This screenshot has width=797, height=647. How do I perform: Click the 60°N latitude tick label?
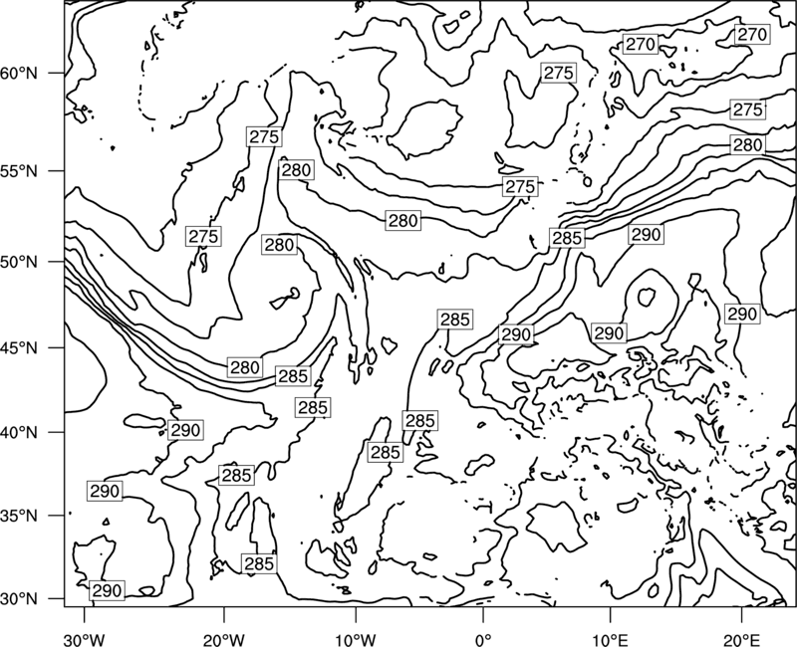pyautogui.click(x=19, y=73)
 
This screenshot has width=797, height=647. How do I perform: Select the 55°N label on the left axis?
pyautogui.click(x=19, y=171)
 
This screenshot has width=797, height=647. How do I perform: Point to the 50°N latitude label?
pyautogui.click(x=19, y=262)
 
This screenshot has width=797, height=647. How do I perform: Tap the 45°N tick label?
pyautogui.click(x=19, y=347)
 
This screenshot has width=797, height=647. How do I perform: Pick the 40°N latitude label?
pyautogui.click(x=19, y=432)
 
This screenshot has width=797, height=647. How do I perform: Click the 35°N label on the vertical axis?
pyautogui.click(x=19, y=516)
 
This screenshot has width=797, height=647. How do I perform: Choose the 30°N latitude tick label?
pyautogui.click(x=19, y=599)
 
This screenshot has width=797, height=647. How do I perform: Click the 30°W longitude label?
pyautogui.click(x=84, y=639)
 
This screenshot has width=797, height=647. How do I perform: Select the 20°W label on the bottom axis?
pyautogui.click(x=223, y=639)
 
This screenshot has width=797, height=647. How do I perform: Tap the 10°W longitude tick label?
pyautogui.click(x=356, y=639)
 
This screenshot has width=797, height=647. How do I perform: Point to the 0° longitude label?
pyautogui.click(x=483, y=639)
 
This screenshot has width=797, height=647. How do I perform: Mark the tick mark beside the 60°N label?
pyautogui.click(x=57, y=73)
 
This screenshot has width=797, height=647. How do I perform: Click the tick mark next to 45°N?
pyautogui.click(x=57, y=347)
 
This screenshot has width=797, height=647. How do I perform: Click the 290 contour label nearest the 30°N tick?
pyautogui.click(x=108, y=590)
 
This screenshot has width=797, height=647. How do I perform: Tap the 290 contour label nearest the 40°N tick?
pyautogui.click(x=185, y=430)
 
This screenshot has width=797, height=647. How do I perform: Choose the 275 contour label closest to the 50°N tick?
pyautogui.click(x=204, y=236)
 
